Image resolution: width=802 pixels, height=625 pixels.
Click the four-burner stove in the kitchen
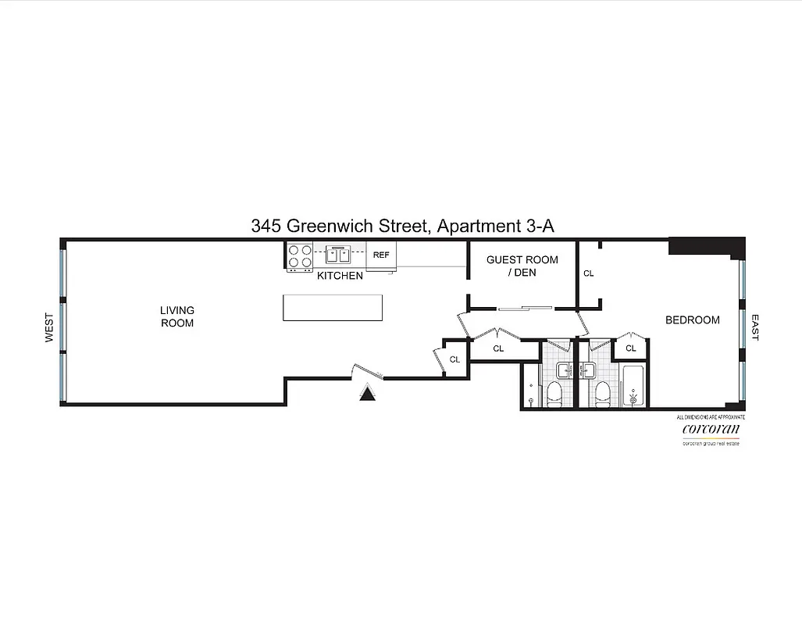(x=300, y=257)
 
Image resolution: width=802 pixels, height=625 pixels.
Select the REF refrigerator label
(x=380, y=255)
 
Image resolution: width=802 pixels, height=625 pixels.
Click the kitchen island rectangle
(x=333, y=307)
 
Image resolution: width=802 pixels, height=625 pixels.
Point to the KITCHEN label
(x=340, y=276)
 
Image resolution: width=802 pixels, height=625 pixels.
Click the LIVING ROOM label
(x=177, y=316)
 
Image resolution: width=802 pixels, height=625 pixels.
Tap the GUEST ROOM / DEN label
(x=522, y=266)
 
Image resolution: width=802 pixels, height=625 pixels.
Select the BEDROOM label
(x=692, y=320)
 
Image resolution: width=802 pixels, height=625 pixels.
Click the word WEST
(x=49, y=327)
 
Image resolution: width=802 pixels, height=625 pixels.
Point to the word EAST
(x=755, y=327)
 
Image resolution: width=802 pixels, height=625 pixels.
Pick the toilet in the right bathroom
(x=601, y=395)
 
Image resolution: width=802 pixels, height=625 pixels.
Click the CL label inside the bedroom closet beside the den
(x=589, y=273)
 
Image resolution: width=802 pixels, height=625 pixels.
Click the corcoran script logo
(x=711, y=429)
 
